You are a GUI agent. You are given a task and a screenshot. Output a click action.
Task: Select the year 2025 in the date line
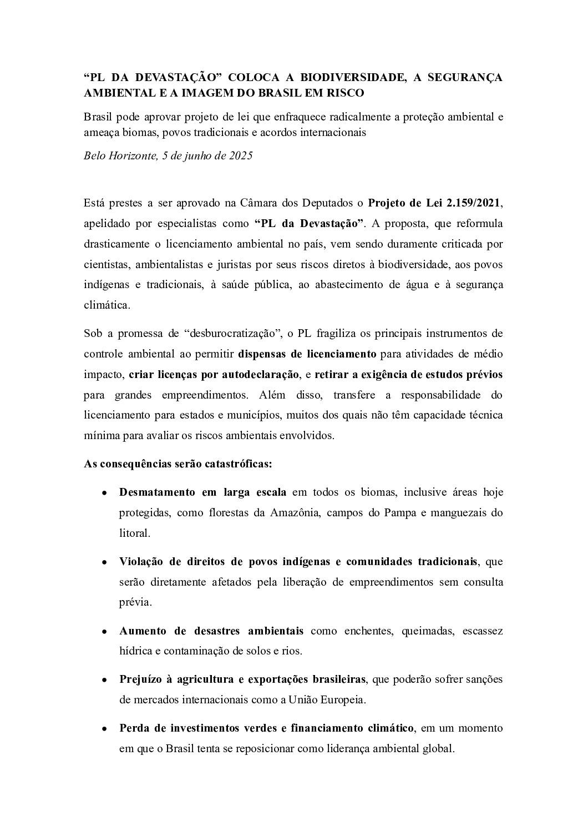click(x=240, y=156)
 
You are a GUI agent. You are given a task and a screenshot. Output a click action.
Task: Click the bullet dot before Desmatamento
click(x=104, y=493)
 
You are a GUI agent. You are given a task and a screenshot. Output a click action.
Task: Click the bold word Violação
click(x=140, y=561)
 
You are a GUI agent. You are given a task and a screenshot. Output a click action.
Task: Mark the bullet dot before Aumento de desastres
click(x=104, y=632)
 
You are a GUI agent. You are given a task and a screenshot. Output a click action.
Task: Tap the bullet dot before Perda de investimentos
click(x=104, y=728)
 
